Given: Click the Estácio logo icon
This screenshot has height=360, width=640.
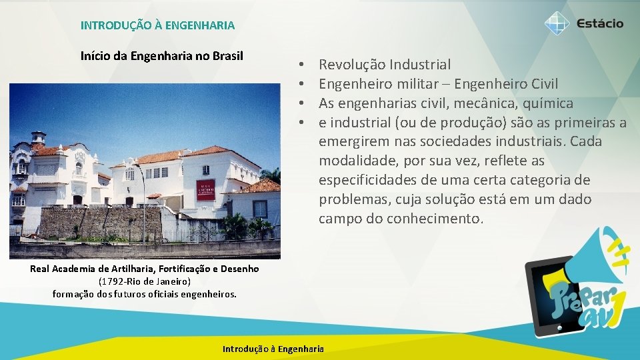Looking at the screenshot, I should (557, 23).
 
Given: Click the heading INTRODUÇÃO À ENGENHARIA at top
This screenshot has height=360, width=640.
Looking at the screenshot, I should (157, 25).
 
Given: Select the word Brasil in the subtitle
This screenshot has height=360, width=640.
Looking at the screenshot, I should (227, 55).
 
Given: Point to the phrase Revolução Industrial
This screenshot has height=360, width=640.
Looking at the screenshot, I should (385, 65).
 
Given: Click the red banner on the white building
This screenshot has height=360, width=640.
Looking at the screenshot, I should (206, 189).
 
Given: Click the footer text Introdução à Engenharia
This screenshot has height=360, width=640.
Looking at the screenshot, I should (273, 349).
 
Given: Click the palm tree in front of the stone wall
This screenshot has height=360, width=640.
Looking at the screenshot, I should (235, 225).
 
